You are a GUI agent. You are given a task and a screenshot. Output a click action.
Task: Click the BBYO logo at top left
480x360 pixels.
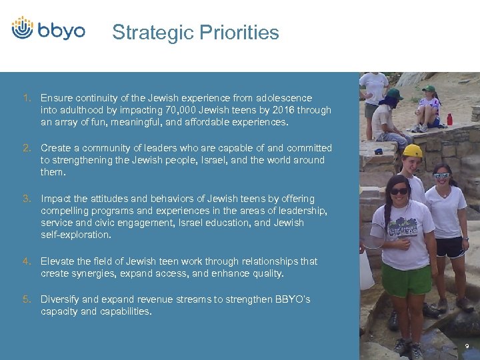49,29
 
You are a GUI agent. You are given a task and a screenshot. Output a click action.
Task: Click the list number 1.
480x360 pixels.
27,98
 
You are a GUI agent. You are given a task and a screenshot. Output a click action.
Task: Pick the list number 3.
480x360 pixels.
27,199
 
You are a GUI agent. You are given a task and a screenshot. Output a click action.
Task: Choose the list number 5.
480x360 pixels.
27,299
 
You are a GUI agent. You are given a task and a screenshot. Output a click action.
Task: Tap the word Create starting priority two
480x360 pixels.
56,148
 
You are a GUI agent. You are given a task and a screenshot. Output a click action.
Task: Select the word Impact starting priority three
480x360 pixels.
56,199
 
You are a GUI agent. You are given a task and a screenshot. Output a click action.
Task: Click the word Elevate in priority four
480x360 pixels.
58,261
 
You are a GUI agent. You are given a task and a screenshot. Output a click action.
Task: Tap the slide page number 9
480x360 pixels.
467,346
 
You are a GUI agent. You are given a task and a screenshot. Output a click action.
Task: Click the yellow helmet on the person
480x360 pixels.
413,150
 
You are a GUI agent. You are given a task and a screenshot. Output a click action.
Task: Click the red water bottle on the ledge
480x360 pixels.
449,119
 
